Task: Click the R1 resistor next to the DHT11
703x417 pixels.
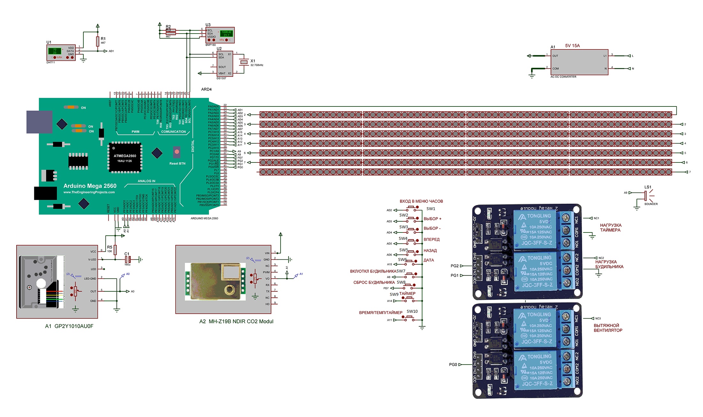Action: (x=97, y=42)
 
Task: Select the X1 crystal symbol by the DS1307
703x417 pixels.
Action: (x=244, y=62)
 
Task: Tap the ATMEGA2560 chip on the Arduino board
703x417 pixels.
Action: (x=125, y=158)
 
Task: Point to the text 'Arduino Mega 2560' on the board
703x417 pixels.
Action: (x=90, y=186)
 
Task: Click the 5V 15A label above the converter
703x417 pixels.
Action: (x=572, y=46)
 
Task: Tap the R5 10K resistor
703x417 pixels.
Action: (x=115, y=250)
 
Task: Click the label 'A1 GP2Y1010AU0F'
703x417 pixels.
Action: (x=69, y=326)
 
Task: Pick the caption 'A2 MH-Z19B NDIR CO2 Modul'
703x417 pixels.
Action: (x=236, y=321)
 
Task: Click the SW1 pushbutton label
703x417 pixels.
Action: (x=431, y=209)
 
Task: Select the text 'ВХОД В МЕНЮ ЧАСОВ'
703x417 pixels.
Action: (x=421, y=201)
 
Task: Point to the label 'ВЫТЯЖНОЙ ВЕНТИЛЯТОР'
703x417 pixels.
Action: (x=608, y=328)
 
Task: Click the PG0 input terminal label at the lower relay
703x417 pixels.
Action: (x=453, y=365)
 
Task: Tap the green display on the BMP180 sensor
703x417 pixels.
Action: (x=227, y=33)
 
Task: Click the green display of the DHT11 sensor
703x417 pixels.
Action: (x=55, y=51)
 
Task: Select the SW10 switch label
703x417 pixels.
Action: (x=412, y=311)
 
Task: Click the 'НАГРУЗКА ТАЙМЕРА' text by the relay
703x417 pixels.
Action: (x=610, y=228)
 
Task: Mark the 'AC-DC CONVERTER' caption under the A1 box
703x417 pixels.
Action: (x=563, y=77)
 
